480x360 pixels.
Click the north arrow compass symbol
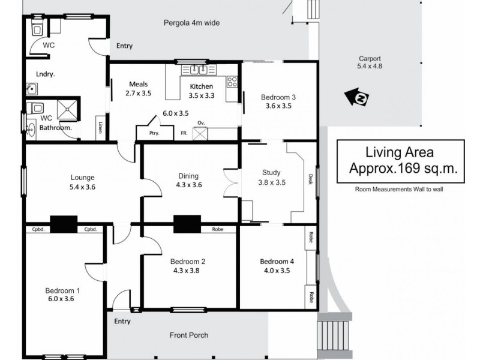pyautogui.click(x=358, y=98)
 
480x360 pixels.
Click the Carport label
pyautogui.click(x=370, y=59)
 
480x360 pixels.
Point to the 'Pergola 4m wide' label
pyautogui.click(x=191, y=23)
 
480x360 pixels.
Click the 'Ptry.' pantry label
pyautogui.click(x=154, y=133)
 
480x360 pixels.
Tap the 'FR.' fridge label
pyautogui.click(x=185, y=133)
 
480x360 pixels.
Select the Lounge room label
pyautogui.click(x=82, y=177)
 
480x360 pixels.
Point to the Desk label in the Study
pyautogui.click(x=310, y=178)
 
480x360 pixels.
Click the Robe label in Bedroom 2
pyautogui.click(x=217, y=229)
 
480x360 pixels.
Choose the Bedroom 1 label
pyautogui.click(x=62, y=291)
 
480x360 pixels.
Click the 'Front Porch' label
pyautogui.click(x=188, y=335)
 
